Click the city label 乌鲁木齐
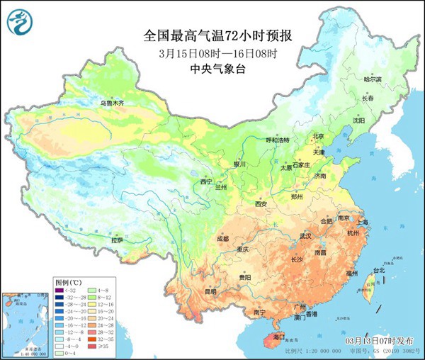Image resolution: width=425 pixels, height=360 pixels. coord(111,103)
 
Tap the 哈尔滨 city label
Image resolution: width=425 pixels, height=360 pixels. coord(373,80)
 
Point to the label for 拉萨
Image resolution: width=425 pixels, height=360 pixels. coord(117,241)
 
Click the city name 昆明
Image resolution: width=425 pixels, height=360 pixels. coord(191,291)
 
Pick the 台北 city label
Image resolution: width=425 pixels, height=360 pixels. coord(379,270)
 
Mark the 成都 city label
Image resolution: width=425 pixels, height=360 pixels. coord(222,239)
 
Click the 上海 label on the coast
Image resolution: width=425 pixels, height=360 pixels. coord(363,222)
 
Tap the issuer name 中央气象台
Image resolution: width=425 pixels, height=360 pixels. coord(212,69)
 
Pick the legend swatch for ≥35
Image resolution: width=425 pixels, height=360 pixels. coord(91,347)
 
